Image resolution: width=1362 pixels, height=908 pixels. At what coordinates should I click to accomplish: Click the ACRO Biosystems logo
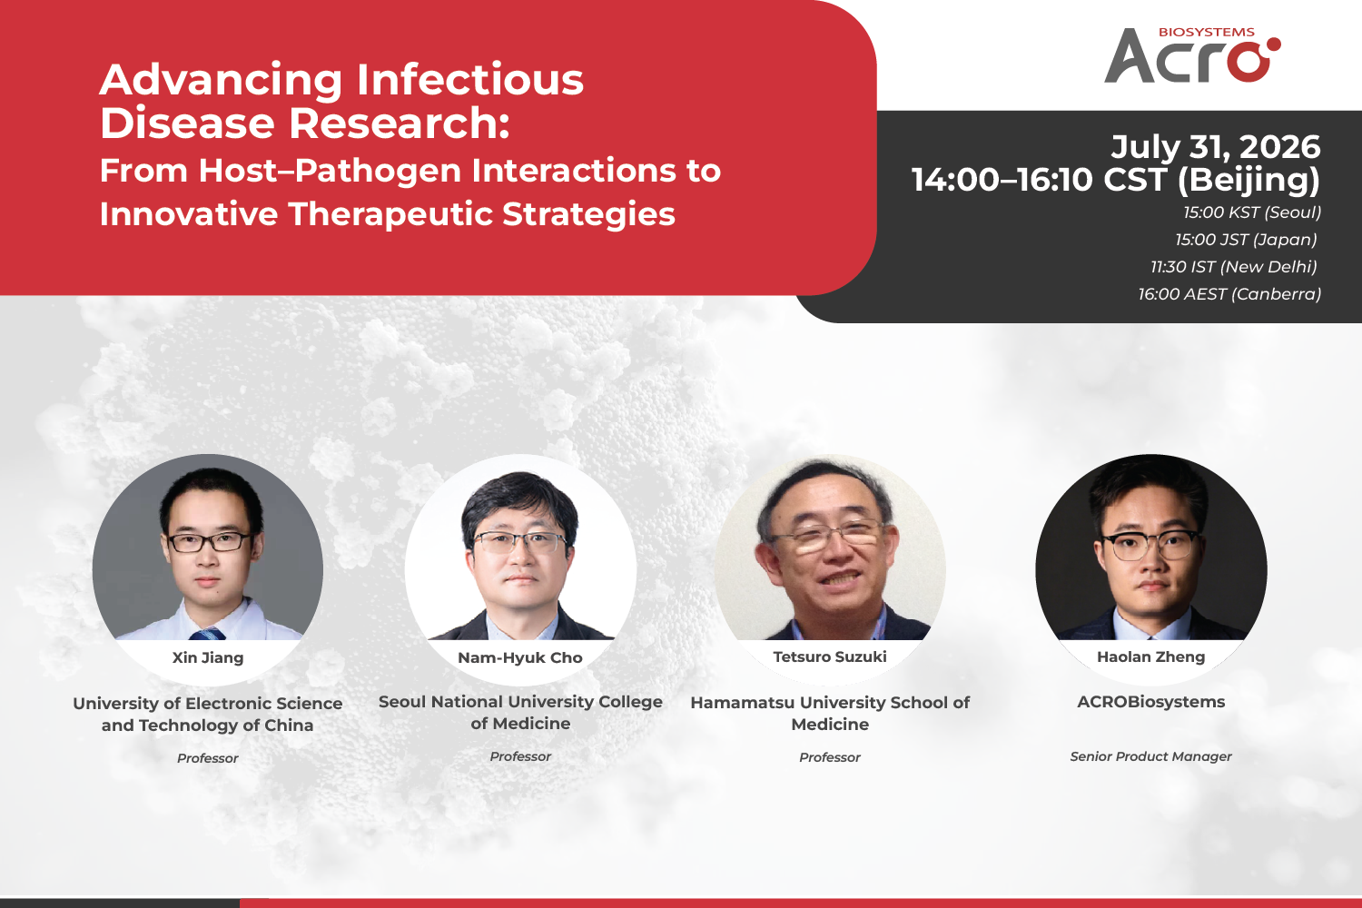[1192, 54]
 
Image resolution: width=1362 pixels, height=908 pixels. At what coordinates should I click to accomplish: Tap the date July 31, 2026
[1216, 147]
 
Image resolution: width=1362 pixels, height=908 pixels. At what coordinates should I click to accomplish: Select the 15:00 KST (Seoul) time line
[1252, 212]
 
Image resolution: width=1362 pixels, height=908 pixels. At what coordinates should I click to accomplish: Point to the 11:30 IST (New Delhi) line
[1234, 267]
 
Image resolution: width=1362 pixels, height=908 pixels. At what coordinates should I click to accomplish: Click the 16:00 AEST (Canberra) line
[1229, 294]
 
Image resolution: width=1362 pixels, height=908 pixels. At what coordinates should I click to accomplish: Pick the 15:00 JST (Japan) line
[1246, 240]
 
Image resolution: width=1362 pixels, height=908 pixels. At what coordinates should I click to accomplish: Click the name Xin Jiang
[208, 657]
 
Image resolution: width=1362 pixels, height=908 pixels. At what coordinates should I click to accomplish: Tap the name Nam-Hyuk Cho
[520, 657]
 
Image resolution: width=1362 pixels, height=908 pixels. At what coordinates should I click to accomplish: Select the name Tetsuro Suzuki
[830, 656]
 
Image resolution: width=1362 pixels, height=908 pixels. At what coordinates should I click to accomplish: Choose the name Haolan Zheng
[1151, 656]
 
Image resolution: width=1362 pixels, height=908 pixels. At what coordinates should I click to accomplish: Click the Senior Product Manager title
[1151, 756]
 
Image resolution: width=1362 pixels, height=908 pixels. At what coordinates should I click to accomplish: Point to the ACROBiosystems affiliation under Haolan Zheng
[1151, 702]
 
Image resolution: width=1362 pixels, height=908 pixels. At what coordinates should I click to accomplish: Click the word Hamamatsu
[743, 703]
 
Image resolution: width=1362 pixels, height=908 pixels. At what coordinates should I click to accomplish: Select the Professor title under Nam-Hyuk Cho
[520, 756]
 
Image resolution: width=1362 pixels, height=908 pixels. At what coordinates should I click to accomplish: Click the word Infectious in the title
[470, 80]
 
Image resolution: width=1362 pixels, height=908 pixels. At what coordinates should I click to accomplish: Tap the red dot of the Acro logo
[1273, 44]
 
